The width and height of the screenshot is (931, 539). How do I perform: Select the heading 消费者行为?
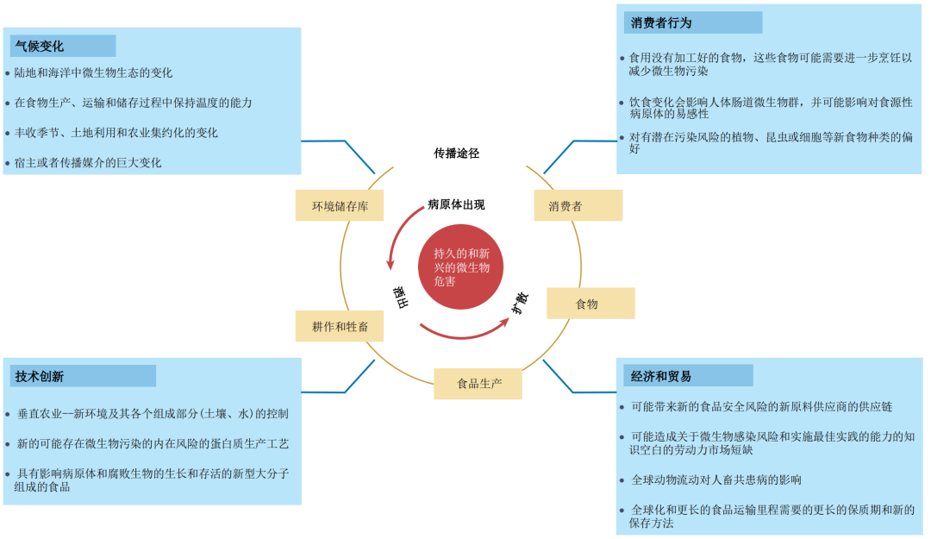pyautogui.click(x=661, y=22)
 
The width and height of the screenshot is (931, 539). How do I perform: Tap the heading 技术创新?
pyautogui.click(x=40, y=376)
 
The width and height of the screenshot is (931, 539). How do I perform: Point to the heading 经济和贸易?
pyautogui.click(x=661, y=376)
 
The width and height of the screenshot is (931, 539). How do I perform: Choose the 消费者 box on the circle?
pyautogui.click(x=565, y=205)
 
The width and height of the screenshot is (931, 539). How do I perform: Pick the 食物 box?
pyautogui.click(x=587, y=304)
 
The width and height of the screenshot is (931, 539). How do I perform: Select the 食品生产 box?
pyautogui.click(x=479, y=383)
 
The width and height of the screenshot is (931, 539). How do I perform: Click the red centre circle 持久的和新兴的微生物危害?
pyautogui.click(x=461, y=268)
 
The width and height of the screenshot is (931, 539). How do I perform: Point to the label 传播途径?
pyautogui.click(x=457, y=154)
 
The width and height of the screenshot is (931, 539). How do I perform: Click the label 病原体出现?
pyautogui.click(x=457, y=204)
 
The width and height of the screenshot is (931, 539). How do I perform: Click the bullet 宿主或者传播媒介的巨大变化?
pyautogui.click(x=88, y=162)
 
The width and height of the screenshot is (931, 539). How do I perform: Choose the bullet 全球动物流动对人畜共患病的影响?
pyautogui.click(x=715, y=479)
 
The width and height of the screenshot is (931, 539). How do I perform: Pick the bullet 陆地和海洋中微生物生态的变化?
pyautogui.click(x=93, y=73)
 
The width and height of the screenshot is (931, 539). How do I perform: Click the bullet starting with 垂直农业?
pyautogui.click(x=153, y=414)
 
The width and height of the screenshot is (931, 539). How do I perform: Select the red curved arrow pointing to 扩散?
pyautogui.click(x=465, y=332)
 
